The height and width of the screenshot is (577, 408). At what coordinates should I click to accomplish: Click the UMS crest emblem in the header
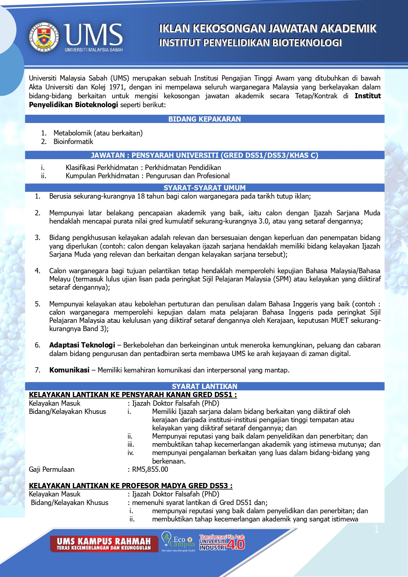[x=44, y=37]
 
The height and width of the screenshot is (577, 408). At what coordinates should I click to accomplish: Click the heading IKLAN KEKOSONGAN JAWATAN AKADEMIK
[x=267, y=29]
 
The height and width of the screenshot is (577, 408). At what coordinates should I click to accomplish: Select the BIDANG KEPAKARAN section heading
[x=204, y=119]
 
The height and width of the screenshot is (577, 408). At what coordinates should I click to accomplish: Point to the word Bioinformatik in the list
[x=73, y=142]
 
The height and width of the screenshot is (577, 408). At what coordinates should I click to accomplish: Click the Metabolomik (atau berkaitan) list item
[x=98, y=133]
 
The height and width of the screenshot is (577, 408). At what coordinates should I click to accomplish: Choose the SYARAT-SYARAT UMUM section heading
[x=204, y=188]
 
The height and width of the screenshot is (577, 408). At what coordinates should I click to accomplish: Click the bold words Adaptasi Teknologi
[x=82, y=345]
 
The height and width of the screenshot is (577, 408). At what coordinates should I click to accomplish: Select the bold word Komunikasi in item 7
[x=69, y=370]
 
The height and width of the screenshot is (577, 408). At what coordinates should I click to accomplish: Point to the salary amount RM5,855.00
[x=150, y=469]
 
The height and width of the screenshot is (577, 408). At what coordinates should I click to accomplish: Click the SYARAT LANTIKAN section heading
[x=204, y=386]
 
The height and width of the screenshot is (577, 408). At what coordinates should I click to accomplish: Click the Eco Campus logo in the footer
[x=179, y=541]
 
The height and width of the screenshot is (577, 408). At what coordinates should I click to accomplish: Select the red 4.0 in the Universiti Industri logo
[x=236, y=544]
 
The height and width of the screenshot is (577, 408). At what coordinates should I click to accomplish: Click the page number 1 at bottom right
[x=377, y=529]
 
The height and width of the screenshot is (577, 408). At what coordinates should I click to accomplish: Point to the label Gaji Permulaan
[x=52, y=469]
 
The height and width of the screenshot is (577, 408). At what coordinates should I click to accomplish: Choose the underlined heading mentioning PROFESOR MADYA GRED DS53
[x=131, y=486]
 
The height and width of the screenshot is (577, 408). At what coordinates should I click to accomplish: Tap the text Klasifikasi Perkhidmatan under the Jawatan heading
[x=102, y=168]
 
